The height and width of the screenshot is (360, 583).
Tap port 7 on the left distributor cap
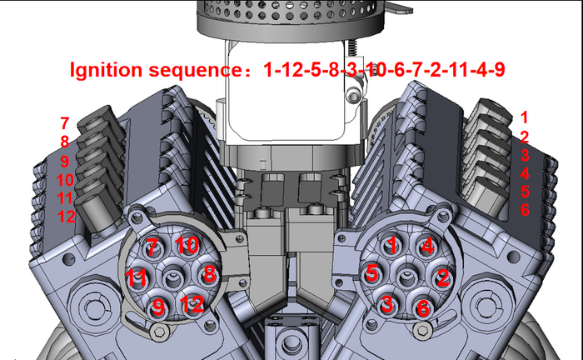point(152,247)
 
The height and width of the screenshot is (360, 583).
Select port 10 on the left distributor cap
point(186,246)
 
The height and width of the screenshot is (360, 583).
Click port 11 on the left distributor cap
point(137,276)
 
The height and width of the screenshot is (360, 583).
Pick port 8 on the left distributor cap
point(209,273)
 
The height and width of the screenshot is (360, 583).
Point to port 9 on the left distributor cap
point(157,306)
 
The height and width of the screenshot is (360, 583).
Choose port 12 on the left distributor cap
point(192,303)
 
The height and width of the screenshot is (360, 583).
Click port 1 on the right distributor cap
point(391,245)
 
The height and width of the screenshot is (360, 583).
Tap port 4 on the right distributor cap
point(426,246)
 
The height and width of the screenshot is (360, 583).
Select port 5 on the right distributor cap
point(372,272)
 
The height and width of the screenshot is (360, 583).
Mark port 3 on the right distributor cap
point(386,304)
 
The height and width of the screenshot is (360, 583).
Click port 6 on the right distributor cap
point(422,307)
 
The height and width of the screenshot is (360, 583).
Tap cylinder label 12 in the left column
point(67,217)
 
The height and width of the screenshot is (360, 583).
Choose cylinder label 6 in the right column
point(524,210)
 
